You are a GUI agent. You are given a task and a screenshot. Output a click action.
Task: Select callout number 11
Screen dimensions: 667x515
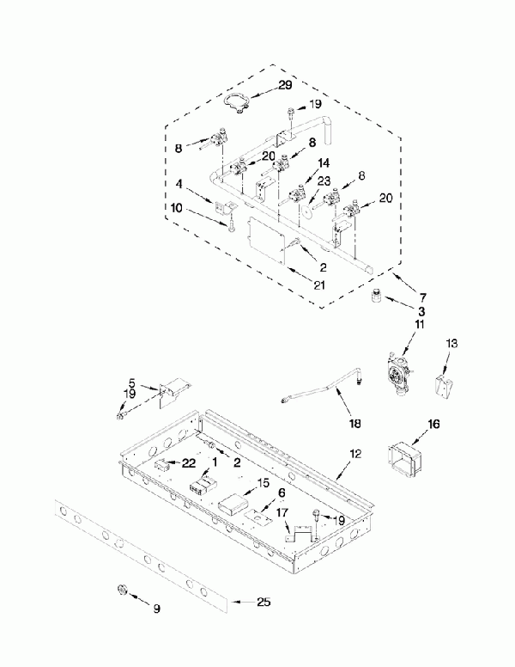420,324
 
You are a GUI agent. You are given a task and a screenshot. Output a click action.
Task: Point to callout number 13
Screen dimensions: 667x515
451,343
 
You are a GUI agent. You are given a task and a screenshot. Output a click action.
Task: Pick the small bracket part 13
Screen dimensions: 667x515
445,383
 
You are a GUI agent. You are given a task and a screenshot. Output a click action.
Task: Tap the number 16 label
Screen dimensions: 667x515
433,424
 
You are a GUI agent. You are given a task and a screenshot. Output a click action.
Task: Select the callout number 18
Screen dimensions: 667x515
354,424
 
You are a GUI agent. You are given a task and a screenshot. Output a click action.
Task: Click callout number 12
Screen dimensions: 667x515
355,453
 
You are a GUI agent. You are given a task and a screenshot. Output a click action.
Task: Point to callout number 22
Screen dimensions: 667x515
188,463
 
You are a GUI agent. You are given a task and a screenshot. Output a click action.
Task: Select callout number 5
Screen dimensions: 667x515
132,383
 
